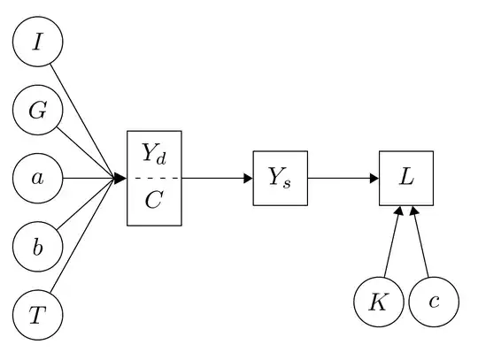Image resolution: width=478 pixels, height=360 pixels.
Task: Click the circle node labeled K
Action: coord(378,302)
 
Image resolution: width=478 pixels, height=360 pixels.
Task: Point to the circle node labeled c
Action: coord(433,302)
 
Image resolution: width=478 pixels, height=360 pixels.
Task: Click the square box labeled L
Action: coord(405,179)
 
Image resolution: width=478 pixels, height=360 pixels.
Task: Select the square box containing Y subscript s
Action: coord(281,179)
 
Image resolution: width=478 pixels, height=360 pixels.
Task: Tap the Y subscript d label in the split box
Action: coord(154,154)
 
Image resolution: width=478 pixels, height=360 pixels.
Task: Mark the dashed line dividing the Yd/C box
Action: coord(154,179)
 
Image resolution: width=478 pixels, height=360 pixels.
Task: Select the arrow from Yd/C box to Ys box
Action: coord(217,179)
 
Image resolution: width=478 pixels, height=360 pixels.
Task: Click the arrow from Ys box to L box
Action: coord(343,179)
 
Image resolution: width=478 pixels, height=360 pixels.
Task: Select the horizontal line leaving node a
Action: coord(89,179)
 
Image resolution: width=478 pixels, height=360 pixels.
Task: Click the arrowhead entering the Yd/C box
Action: coord(121,179)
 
